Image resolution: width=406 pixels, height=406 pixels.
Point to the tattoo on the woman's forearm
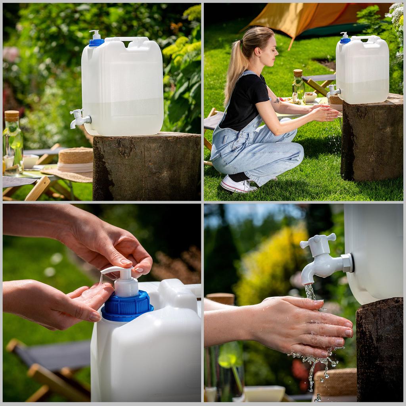point(276,101)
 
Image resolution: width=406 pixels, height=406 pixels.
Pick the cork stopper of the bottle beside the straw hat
point(11,115)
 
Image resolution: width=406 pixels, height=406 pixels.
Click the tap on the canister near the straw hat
point(79,118)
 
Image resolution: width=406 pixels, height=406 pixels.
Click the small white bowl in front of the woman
point(310,97)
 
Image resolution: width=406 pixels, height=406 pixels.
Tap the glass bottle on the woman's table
point(298,87)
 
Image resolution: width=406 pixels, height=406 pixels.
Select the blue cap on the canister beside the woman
point(345,40)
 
